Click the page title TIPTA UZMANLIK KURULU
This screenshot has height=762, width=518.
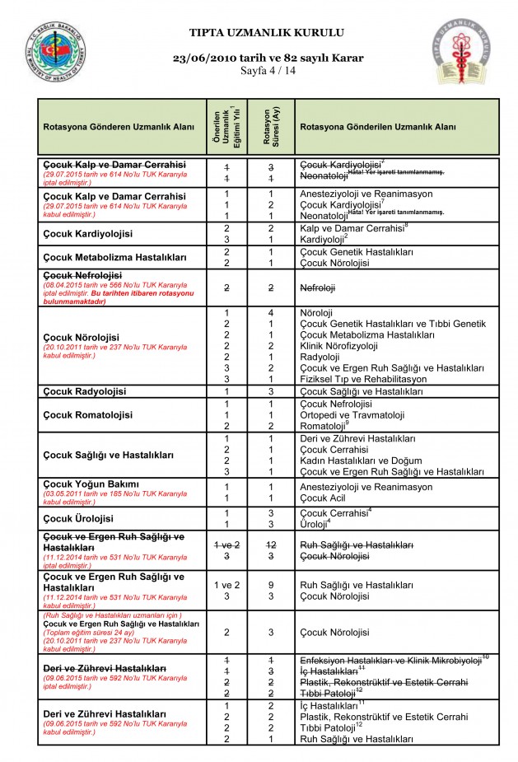[267, 33]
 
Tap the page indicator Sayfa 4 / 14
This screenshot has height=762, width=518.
[267, 72]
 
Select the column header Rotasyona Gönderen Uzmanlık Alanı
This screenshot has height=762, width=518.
[119, 128]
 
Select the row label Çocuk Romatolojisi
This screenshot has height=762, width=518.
[91, 414]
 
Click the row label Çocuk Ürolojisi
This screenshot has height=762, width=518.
[81, 517]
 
